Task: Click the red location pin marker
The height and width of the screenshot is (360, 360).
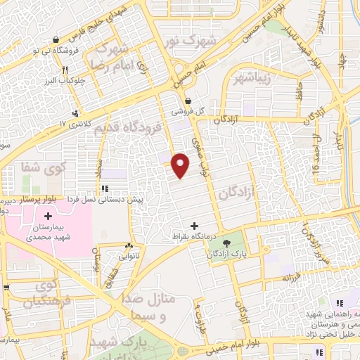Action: [x=181, y=166]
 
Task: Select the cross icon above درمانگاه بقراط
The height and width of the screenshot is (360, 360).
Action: [x=195, y=226]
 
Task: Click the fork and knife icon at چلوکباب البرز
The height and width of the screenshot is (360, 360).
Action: [x=65, y=70]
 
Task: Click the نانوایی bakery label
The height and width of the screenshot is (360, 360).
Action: [x=128, y=257]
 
